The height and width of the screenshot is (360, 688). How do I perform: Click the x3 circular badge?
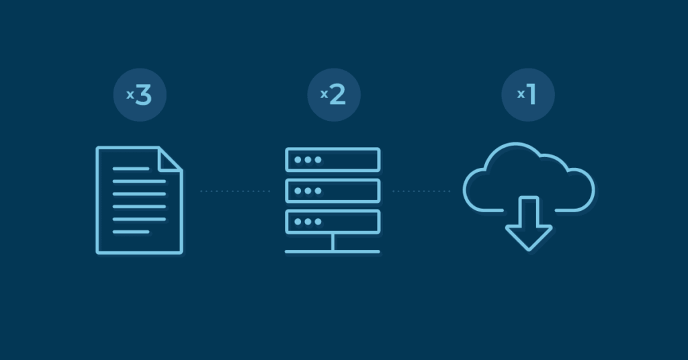(x=139, y=95)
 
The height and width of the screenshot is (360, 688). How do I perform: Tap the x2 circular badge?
(x=334, y=95)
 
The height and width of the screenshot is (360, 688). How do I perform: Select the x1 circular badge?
(x=528, y=95)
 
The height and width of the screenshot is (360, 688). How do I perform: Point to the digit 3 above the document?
(x=144, y=95)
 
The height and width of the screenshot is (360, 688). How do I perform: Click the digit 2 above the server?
(x=337, y=95)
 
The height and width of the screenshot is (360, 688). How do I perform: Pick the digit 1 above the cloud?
(x=532, y=95)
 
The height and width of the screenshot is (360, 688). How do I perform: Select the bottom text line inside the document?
(x=130, y=232)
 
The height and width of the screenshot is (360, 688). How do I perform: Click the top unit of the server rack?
(x=333, y=160)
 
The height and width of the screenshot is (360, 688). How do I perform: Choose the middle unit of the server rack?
(x=333, y=191)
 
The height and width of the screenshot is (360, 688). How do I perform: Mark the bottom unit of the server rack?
(x=333, y=222)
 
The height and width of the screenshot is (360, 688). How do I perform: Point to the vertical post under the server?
(x=333, y=242)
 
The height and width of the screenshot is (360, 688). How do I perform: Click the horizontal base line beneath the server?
(x=333, y=252)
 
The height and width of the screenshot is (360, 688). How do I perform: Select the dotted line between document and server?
(x=234, y=191)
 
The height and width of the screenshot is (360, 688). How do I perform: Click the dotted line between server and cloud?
(x=421, y=191)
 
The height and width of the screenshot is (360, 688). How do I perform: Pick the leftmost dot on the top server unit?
(x=298, y=160)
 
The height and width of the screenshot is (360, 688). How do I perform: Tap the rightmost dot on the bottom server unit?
(x=318, y=222)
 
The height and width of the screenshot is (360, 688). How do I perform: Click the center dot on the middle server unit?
(x=308, y=191)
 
